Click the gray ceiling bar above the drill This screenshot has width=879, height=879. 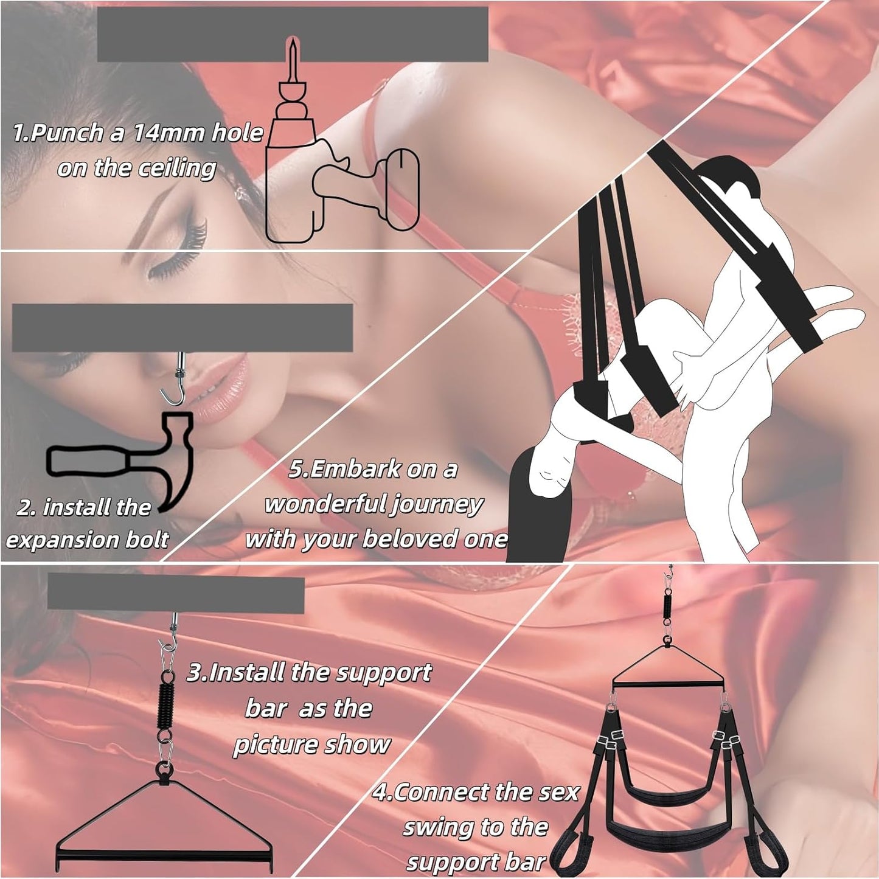[293, 34]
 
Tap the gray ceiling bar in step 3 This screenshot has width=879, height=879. [176, 594]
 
